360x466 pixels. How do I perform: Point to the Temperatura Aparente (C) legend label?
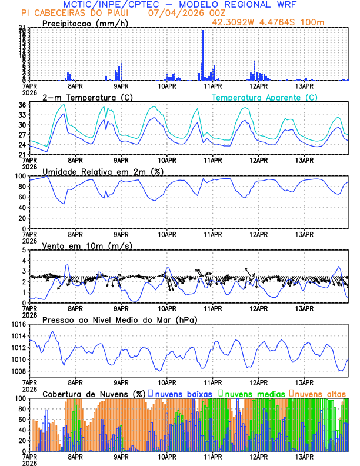pyautogui.click(x=264, y=97)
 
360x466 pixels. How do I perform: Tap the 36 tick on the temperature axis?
pyautogui.click(x=22, y=105)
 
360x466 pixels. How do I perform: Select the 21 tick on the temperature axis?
pyautogui.click(x=22, y=155)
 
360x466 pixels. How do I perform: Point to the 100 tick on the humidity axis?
pyautogui.click(x=19, y=176)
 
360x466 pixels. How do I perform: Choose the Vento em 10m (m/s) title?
pyautogui.click(x=87, y=245)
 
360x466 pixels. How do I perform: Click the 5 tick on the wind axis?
pyautogui.click(x=24, y=250)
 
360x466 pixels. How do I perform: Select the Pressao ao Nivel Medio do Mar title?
pyautogui.click(x=119, y=319)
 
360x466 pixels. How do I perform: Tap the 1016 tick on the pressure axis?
pyautogui.click(x=17, y=324)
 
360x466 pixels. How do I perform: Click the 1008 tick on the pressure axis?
pyautogui.click(x=17, y=371)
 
